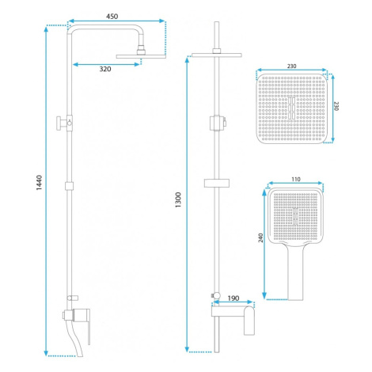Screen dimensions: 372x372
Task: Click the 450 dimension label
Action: point(112,17)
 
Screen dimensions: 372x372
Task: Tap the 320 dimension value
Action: point(105,69)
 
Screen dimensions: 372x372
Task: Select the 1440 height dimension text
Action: point(39,183)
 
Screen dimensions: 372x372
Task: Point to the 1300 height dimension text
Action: point(178,199)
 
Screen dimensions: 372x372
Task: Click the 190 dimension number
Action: point(233,298)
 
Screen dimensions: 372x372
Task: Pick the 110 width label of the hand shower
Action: point(296,180)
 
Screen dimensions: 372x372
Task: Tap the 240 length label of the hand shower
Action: point(260,237)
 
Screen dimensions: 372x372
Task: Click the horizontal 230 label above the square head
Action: point(291,66)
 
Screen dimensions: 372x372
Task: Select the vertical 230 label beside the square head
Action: point(336,106)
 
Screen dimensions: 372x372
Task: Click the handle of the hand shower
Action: point(295,273)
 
